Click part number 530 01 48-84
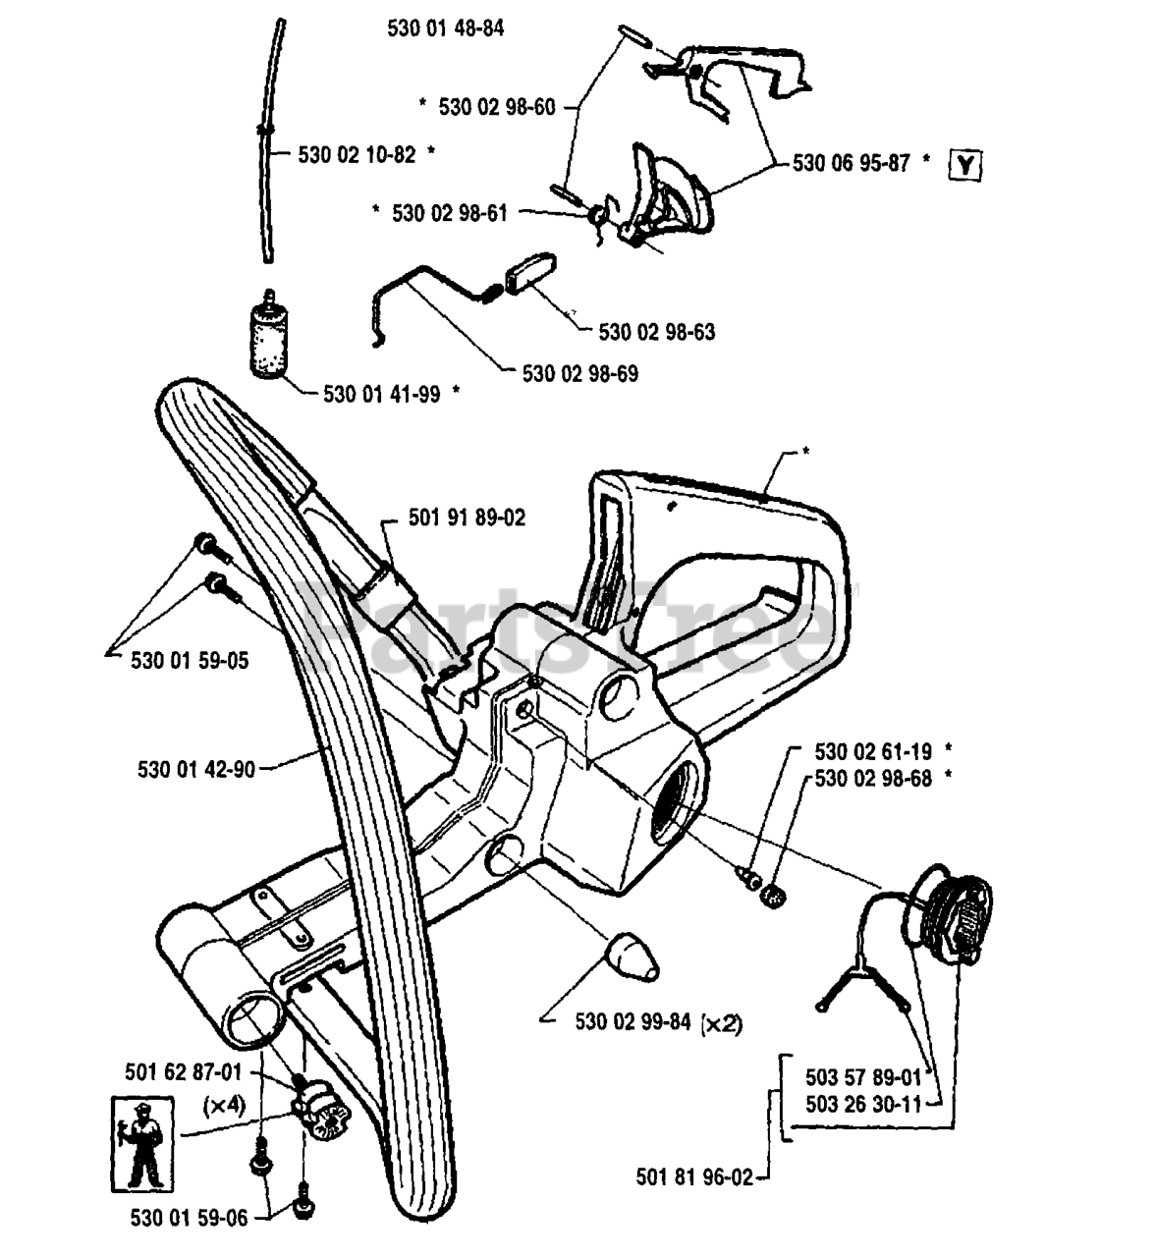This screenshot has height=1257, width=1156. [445, 28]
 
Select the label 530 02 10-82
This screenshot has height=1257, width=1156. [357, 154]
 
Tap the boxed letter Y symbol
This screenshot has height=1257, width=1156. [965, 166]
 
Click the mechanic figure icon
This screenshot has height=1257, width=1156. [142, 1144]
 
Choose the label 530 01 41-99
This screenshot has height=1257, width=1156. [382, 394]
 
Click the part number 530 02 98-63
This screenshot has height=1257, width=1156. [656, 332]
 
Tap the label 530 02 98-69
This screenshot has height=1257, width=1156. [579, 373]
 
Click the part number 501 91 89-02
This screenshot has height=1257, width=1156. [468, 518]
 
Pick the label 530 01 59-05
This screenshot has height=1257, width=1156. [190, 661]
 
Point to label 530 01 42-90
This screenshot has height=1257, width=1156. [196, 770]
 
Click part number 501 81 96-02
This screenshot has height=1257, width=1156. [694, 1177]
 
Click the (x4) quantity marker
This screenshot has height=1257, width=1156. [224, 1107]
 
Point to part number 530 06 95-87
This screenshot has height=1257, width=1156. [851, 163]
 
